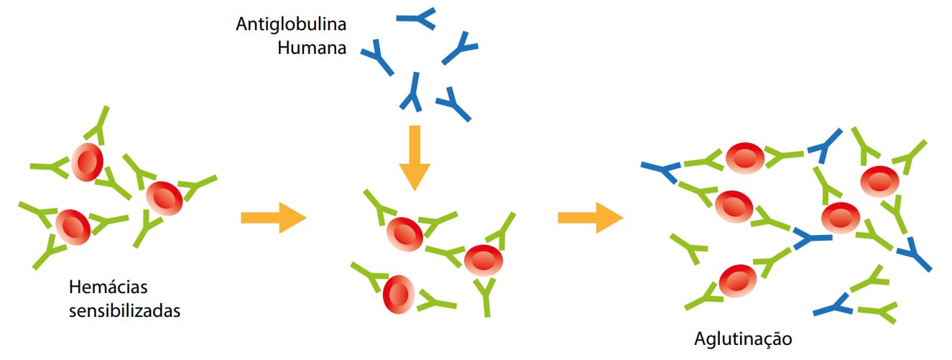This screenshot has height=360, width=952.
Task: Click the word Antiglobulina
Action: pos(291,24)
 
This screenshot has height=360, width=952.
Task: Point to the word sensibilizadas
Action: pos(124,311)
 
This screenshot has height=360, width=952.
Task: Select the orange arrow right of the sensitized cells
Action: pos(273,218)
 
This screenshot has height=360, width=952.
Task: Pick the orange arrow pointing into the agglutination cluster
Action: pos(590,218)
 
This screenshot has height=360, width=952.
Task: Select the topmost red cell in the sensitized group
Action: pos(86,162)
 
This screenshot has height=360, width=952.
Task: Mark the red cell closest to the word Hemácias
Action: pos(73,226)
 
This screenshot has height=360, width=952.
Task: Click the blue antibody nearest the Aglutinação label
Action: pos(835,307)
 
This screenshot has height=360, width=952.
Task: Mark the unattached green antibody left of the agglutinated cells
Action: pos(689,248)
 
